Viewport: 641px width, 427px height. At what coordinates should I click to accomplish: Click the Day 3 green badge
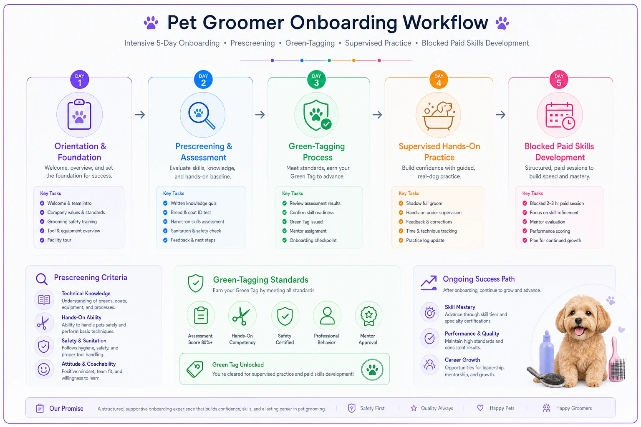click(x=316, y=80)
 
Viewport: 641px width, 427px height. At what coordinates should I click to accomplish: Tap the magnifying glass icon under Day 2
click(x=202, y=115)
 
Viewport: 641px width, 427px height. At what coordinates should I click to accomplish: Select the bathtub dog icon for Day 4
click(x=439, y=115)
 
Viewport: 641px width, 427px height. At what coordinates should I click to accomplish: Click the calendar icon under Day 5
click(x=560, y=116)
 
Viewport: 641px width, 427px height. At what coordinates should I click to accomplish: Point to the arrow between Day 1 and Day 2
click(x=140, y=115)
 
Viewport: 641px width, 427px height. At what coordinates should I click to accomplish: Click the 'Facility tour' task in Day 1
click(x=59, y=240)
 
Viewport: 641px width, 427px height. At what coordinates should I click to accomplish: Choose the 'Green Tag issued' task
click(x=306, y=222)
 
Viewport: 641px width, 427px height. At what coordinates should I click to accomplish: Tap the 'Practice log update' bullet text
click(x=425, y=240)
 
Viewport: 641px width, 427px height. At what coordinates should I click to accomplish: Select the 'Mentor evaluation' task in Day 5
click(x=547, y=222)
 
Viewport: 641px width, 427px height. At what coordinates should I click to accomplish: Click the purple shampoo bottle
click(x=547, y=353)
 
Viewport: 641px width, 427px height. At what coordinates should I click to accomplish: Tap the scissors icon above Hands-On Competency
click(x=242, y=316)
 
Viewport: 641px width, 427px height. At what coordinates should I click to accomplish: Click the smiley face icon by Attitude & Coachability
click(x=44, y=369)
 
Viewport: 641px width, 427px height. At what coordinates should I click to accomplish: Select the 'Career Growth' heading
click(x=462, y=360)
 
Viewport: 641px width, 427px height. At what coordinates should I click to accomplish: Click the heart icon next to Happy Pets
click(x=480, y=408)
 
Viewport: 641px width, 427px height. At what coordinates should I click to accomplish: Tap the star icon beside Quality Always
click(x=414, y=408)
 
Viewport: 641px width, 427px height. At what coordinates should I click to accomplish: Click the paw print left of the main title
click(x=151, y=23)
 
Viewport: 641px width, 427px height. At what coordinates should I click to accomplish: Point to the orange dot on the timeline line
click(x=354, y=60)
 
